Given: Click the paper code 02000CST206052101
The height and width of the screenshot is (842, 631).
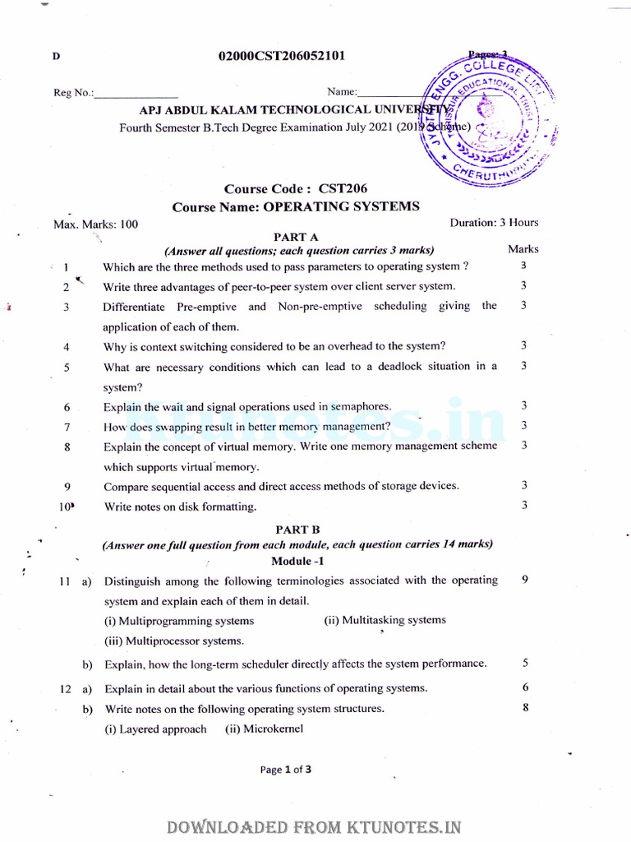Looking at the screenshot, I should click(281, 56).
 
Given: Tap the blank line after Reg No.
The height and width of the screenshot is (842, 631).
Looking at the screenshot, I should click(136, 93).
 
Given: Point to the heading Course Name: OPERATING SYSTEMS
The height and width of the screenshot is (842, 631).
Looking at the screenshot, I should click(296, 207).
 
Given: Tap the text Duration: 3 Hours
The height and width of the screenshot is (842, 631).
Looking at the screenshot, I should click(494, 223).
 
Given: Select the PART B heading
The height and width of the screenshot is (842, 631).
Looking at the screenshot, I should click(297, 530).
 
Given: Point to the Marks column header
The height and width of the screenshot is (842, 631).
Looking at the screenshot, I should click(523, 248).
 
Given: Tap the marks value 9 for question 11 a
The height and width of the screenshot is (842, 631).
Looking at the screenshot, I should click(524, 580).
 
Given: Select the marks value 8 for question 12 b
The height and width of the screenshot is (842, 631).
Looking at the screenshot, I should click(524, 708).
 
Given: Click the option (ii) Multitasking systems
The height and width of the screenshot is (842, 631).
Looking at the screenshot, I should click(385, 620).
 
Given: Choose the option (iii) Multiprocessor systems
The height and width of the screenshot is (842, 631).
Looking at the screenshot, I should click(173, 641).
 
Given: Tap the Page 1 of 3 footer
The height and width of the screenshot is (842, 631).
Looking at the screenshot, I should click(285, 770).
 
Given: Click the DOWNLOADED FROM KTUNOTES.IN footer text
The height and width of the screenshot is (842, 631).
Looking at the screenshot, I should click(315, 826).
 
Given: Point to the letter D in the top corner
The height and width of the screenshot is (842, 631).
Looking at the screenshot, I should click(56, 57).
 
